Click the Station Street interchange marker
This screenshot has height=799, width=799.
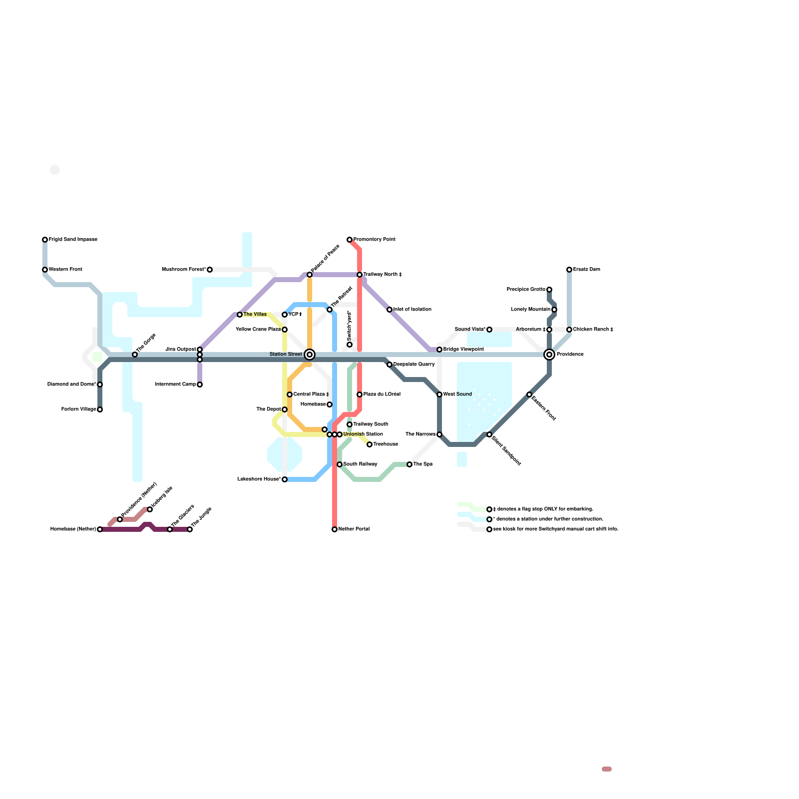pyautogui.click(x=310, y=355)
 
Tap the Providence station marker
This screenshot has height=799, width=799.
pyautogui.click(x=549, y=355)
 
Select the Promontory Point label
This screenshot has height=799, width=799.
pyautogui.click(x=374, y=240)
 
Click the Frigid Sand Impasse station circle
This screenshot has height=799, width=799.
pyautogui.click(x=45, y=240)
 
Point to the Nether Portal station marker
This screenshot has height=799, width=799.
pyautogui.click(x=335, y=529)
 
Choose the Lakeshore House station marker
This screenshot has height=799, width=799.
pyautogui.click(x=285, y=479)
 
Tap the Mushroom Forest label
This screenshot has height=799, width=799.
pyautogui.click(x=184, y=270)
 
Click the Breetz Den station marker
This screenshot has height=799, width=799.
pyautogui.click(x=569, y=270)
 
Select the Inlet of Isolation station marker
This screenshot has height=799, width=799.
pyautogui.click(x=390, y=310)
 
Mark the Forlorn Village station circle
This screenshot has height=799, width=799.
pyautogui.click(x=100, y=409)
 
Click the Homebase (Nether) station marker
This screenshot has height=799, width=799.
pyautogui.click(x=100, y=529)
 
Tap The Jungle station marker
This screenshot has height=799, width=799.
pyautogui.click(x=190, y=529)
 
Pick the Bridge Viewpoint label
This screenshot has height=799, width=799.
pyautogui.click(x=463, y=350)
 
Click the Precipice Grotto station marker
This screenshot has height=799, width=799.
pyautogui.click(x=549, y=290)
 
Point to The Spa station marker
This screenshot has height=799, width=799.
pyautogui.click(x=409, y=464)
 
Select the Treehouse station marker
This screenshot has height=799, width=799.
pyautogui.click(x=370, y=444)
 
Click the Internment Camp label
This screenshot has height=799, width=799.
pyautogui.click(x=175, y=385)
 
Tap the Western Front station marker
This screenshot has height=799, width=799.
pyautogui.click(x=45, y=270)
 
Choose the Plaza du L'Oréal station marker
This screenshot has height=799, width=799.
pyautogui.click(x=360, y=395)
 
